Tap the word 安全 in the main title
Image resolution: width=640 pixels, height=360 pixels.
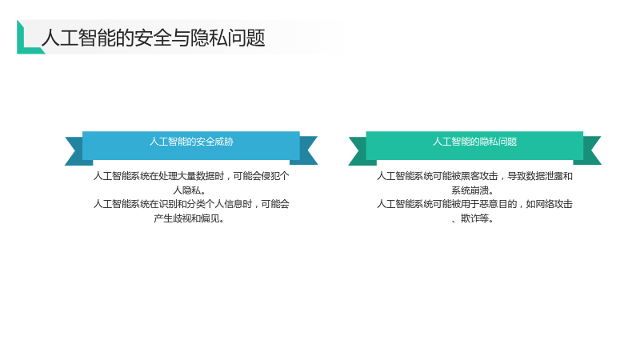point(153,38)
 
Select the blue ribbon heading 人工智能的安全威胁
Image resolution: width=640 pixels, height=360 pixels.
point(191,142)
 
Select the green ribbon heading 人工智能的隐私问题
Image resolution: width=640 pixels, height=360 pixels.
point(474,142)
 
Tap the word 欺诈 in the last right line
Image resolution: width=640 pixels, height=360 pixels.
point(470,218)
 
